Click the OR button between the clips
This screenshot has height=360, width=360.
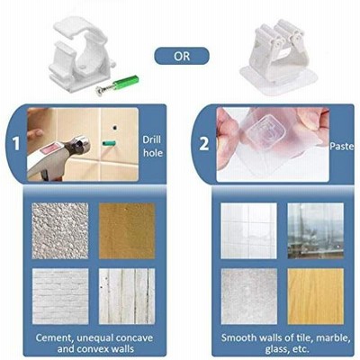point(182,56)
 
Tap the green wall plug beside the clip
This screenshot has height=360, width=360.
point(126,82)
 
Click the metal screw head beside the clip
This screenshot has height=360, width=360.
point(99,90)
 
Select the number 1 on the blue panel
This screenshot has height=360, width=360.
point(15,143)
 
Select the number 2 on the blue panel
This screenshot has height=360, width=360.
point(203,143)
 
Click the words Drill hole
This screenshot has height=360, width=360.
point(152,146)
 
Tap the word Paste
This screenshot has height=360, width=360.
point(342,146)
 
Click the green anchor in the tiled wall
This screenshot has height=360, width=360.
point(109,143)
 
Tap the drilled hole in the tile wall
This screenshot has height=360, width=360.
point(114,128)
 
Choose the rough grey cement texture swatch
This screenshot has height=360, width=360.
point(60,230)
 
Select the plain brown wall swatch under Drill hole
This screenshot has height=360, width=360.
point(127,230)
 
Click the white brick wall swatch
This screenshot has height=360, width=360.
point(60,296)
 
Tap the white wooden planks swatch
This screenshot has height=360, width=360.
point(127,296)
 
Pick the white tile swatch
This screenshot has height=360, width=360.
point(248,230)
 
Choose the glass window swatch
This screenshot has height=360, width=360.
point(316,230)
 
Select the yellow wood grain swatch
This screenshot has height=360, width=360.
point(316,296)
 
